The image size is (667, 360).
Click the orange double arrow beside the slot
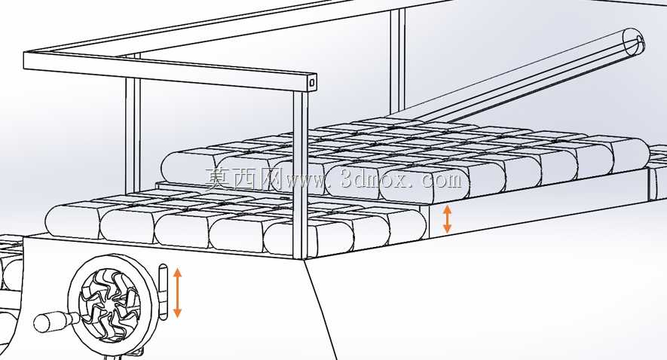[178, 293]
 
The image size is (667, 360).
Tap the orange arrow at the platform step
[447, 219]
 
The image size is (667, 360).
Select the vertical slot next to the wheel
[164, 291]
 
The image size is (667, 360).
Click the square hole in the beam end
[312, 82]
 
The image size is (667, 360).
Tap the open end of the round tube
[633, 41]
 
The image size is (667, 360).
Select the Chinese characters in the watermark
[243, 178]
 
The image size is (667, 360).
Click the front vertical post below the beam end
[300, 174]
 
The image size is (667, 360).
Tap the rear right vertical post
[398, 61]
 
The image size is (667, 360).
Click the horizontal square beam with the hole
[170, 70]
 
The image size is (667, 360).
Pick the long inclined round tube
[517, 77]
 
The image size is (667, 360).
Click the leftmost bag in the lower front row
[73, 220]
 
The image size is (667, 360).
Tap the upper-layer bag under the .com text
[425, 185]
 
